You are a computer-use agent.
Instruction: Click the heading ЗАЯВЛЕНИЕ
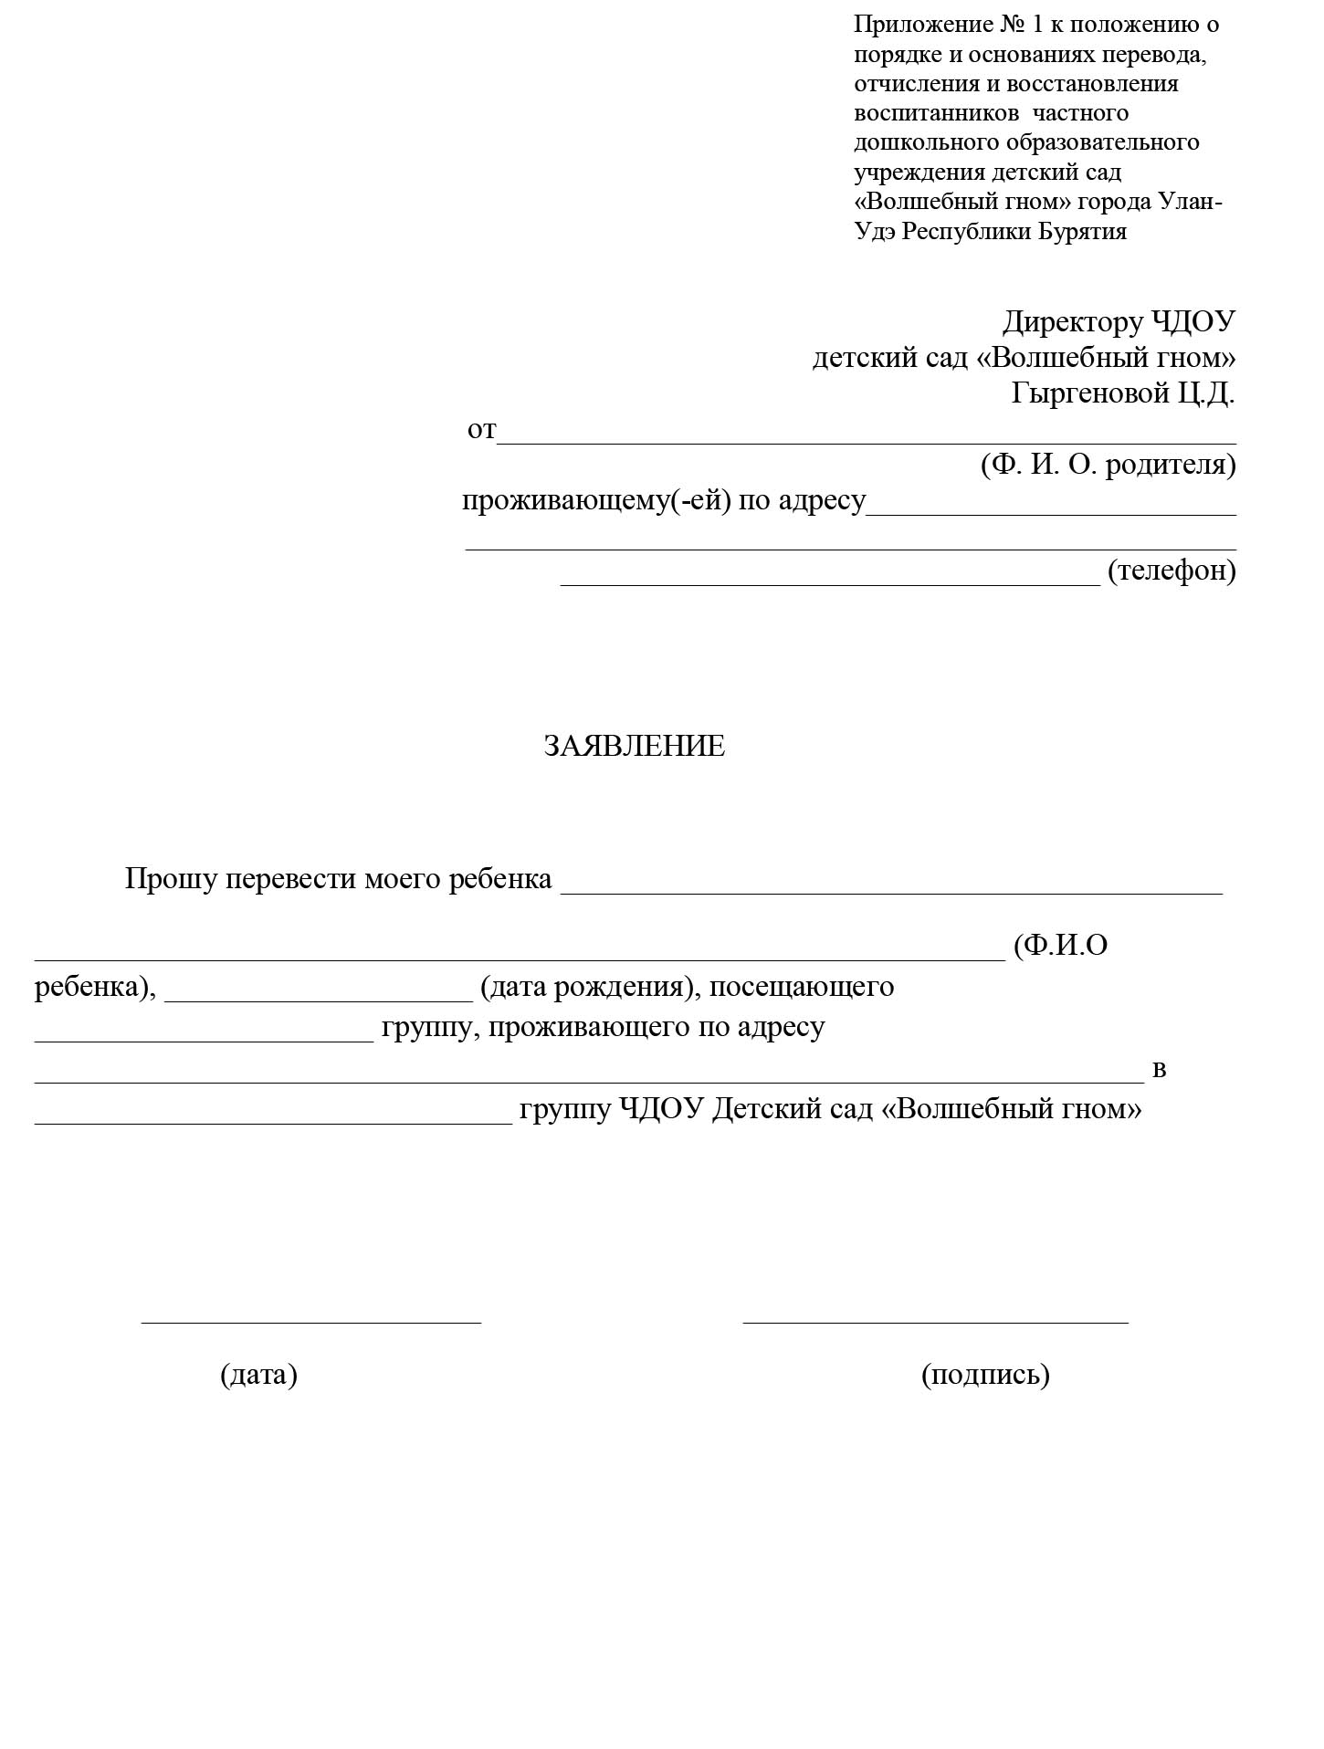point(634,747)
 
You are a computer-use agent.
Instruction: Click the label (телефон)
point(1172,571)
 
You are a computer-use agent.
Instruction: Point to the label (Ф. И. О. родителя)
point(1108,465)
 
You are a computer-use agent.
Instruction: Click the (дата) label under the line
point(258,1375)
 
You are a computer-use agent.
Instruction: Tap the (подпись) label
point(985,1375)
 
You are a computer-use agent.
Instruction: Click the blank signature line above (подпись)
point(935,1321)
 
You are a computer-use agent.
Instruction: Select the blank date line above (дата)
point(310,1321)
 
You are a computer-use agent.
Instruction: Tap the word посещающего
point(802,987)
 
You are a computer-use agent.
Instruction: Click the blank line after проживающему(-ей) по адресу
point(1050,514)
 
